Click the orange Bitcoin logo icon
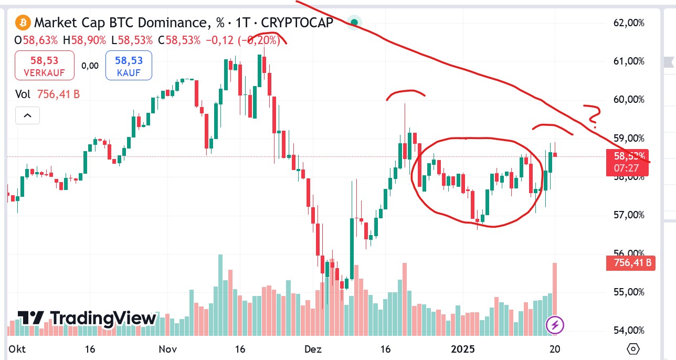click(23, 23)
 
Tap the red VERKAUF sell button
click(44, 66)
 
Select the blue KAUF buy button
click(129, 66)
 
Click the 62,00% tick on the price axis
click(628, 23)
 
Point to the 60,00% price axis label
click(628, 100)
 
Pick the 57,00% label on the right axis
click(628, 215)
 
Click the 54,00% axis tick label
click(628, 330)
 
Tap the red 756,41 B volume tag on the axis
click(629, 262)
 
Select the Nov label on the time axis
click(168, 350)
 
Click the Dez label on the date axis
click(313, 350)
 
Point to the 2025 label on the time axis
click(463, 350)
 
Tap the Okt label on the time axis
click(17, 350)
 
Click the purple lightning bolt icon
click(555, 325)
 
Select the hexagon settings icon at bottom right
click(633, 349)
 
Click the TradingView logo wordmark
click(87, 318)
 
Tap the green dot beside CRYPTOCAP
click(355, 23)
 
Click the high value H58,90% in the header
click(84, 40)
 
